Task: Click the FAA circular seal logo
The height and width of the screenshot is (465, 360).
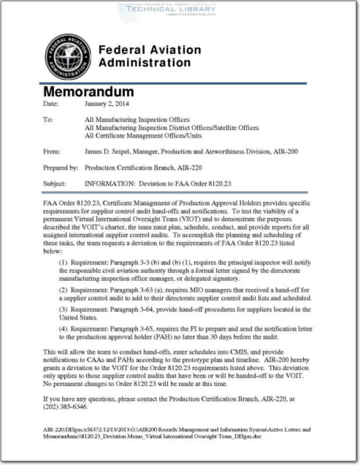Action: [68, 56]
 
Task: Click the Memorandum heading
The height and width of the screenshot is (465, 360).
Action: [88, 92]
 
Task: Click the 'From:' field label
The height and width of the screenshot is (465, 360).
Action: [52, 152]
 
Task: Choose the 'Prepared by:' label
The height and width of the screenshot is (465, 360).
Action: [60, 168]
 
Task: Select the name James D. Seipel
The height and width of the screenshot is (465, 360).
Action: [111, 152]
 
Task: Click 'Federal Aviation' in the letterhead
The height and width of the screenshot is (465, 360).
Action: [150, 51]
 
